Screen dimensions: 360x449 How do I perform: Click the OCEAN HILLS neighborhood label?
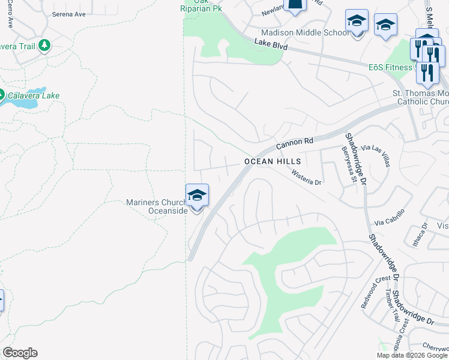tap(273, 162)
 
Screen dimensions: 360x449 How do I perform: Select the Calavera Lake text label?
tap(33, 95)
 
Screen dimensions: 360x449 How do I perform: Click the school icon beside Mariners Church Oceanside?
tap(197, 196)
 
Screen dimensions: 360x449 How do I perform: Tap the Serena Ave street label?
tap(68, 14)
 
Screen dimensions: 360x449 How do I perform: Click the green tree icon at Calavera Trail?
tap(44, 45)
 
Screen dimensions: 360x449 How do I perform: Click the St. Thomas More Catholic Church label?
tap(420, 98)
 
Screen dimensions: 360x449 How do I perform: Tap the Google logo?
tap(20, 353)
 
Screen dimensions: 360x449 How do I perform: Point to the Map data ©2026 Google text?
tap(411, 355)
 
